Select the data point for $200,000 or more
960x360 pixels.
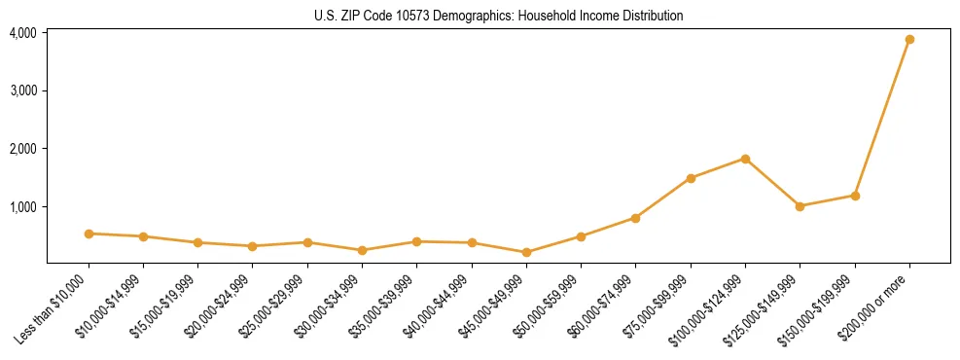click(x=909, y=40)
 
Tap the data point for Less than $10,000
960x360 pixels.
click(x=89, y=234)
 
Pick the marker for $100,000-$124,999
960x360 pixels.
click(x=745, y=159)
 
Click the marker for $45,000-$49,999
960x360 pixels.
click(x=526, y=252)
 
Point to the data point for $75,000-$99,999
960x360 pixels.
click(x=691, y=178)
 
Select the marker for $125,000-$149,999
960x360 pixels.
click(x=800, y=206)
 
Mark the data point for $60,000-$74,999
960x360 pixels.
click(x=635, y=218)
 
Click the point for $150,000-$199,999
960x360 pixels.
click(x=855, y=196)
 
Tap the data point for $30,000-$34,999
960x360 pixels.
click(x=362, y=250)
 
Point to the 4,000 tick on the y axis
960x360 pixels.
click(x=23, y=33)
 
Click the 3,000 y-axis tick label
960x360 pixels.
click(x=23, y=90)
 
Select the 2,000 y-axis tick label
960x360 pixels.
click(x=23, y=149)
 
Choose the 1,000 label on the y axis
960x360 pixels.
click(x=23, y=207)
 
